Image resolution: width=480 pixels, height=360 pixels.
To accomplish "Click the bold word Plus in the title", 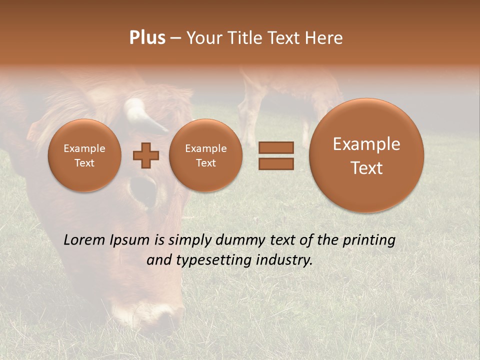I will tap(147, 38).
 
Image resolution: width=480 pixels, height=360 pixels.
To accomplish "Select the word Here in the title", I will tap(324, 38).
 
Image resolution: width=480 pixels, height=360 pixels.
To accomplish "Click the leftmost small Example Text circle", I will tap(84, 155).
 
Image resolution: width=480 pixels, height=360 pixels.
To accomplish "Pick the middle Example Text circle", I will tap(205, 155).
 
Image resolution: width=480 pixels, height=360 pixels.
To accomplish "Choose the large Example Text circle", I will tap(366, 155).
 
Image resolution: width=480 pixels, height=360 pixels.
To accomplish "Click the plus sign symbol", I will tap(146, 155).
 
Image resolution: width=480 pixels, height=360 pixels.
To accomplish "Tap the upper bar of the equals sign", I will tap(276, 148).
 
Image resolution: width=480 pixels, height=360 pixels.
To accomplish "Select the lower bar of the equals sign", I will tap(276, 163).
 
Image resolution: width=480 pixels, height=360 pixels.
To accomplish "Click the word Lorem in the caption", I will tap(84, 240).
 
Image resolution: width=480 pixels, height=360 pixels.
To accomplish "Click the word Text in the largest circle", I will tap(366, 168).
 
